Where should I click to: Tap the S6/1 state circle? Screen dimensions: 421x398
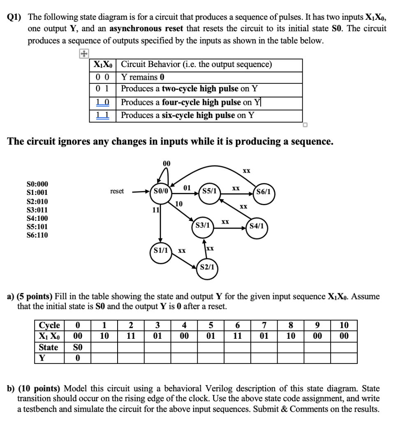coord(263,192)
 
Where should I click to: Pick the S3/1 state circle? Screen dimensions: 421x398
coord(203,225)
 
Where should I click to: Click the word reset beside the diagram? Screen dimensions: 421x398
coord(117,192)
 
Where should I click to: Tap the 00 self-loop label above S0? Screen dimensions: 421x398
coord(166,163)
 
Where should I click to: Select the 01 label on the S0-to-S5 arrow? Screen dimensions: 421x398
coord(187,188)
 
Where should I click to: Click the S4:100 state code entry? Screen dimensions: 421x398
coord(37,218)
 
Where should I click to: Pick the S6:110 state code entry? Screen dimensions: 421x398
coord(37,235)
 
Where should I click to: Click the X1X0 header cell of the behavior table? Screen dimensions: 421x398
coord(104,65)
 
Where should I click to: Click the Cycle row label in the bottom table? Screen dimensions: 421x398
coord(49,326)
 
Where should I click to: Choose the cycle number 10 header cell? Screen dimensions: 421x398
coord(344,326)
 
